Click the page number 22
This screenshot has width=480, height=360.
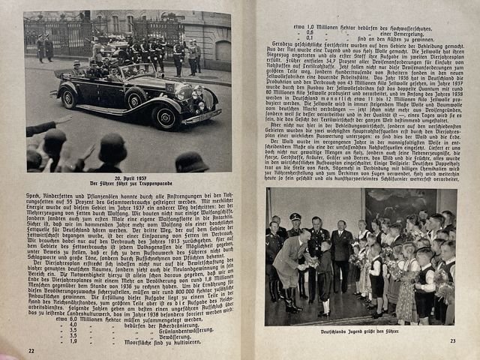(x=31, y=349)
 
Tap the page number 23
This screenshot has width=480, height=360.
(x=453, y=341)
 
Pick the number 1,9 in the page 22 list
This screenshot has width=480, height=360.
(x=73, y=341)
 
